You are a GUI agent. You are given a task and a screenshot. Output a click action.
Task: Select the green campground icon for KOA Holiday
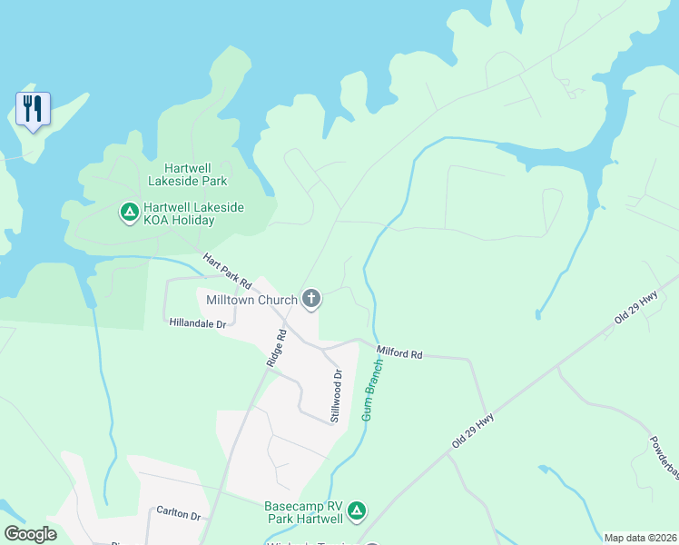click(129, 213)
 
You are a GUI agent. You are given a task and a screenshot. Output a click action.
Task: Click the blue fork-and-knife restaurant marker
click(33, 109)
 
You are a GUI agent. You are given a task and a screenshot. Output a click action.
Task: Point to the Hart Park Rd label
click(226, 271)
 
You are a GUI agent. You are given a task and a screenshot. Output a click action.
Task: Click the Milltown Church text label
click(251, 300)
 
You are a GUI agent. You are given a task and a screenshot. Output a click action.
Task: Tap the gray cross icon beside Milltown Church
click(311, 298)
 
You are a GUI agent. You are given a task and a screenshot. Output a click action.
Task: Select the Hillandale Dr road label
click(197, 322)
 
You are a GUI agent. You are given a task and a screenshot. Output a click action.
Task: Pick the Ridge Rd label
click(277, 347)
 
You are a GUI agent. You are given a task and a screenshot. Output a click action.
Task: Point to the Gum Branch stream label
click(373, 389)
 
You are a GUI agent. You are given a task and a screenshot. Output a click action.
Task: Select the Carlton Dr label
click(178, 514)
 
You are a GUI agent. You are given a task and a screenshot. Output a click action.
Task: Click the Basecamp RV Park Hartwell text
click(303, 511)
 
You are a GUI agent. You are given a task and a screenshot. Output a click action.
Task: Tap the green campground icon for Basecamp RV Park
click(358, 511)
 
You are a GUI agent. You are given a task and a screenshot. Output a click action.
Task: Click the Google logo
click(30, 534)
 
